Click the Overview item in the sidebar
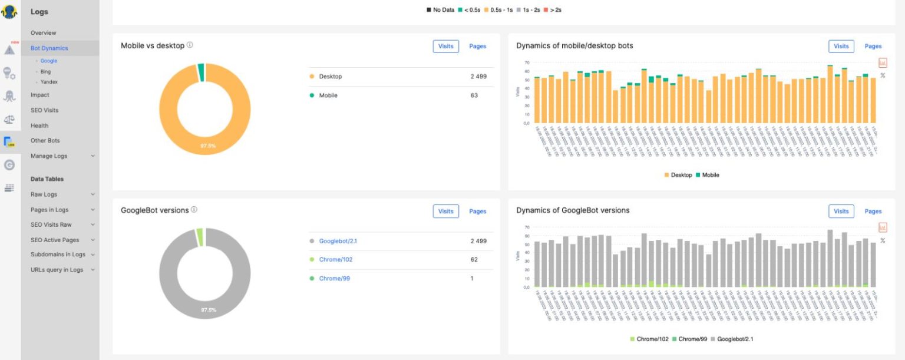tap(44, 33)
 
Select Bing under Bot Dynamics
tap(45, 71)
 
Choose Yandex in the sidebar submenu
tap(48, 82)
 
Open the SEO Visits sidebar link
tap(44, 110)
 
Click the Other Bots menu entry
tap(45, 141)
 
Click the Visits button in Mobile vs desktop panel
tap(445, 46)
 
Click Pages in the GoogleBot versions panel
tap(477, 212)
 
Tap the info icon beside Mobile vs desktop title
tap(190, 45)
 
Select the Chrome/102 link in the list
tap(336, 259)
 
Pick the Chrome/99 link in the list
tap(335, 278)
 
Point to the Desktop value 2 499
tap(478, 77)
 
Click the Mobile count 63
tap(474, 95)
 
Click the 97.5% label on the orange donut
tap(209, 145)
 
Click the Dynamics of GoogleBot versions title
tap(573, 210)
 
